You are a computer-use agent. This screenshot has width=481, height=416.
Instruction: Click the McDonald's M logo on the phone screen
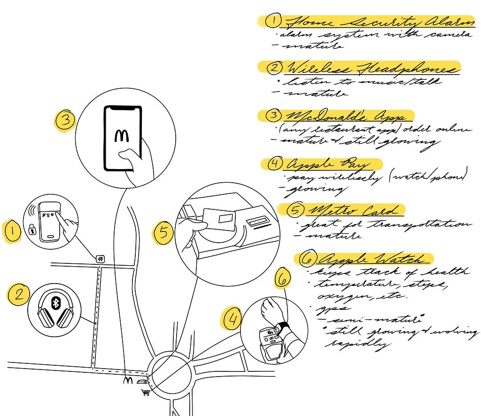[x=123, y=136]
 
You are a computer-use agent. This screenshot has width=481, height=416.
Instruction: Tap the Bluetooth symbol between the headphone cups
[x=55, y=304]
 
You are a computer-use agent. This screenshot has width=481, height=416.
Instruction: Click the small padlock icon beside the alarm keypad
[x=32, y=230]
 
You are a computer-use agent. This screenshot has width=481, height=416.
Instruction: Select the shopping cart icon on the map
[x=146, y=392]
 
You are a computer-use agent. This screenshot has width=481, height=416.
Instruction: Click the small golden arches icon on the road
[x=127, y=381]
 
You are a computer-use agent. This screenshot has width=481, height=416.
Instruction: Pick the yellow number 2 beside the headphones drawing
[x=18, y=294]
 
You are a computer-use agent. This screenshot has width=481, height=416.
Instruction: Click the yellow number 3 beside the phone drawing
[x=65, y=120]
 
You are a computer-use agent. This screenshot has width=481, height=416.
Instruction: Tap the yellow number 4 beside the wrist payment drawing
[x=231, y=320]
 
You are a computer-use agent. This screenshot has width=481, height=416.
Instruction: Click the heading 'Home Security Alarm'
[x=378, y=22]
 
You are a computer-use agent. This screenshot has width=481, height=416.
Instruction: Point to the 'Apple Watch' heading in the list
[x=373, y=259]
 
